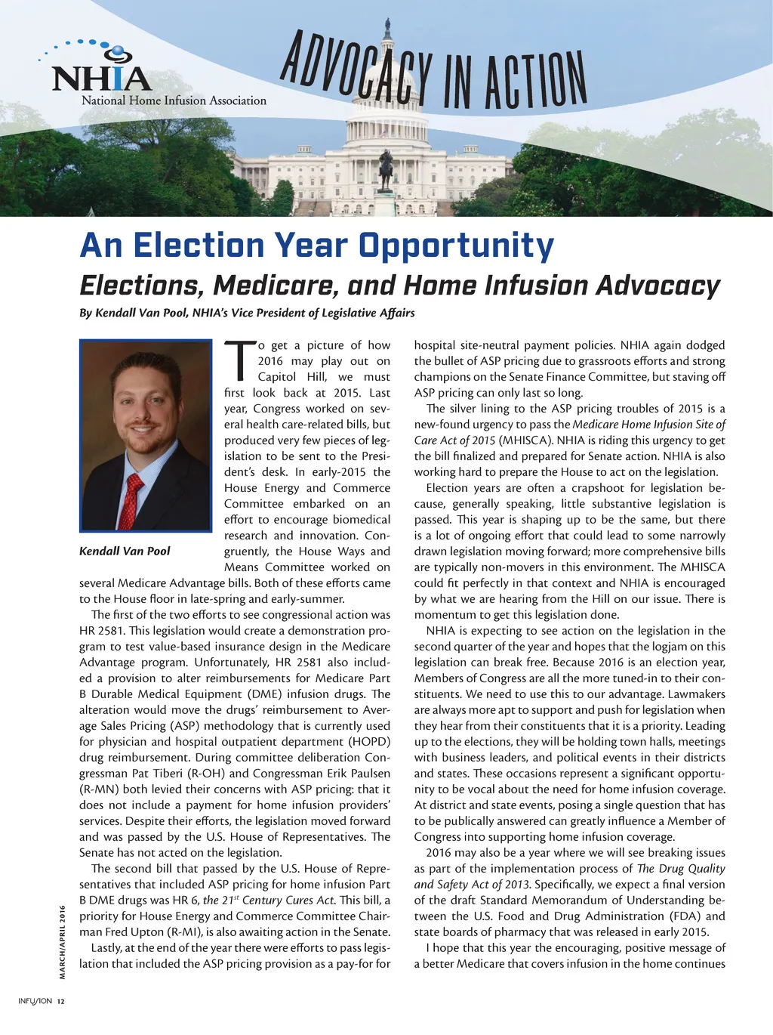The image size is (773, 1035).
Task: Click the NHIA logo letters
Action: pos(102,78)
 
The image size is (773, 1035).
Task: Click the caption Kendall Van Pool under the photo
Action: pos(125,551)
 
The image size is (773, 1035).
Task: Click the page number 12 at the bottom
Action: pos(61,1002)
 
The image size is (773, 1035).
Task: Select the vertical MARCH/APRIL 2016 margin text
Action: pos(63,941)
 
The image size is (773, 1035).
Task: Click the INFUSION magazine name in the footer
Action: pos(35,1002)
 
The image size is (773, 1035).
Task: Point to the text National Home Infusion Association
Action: pos(174,100)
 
